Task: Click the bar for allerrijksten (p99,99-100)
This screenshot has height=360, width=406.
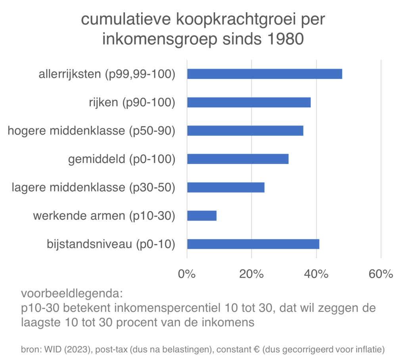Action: coord(264,74)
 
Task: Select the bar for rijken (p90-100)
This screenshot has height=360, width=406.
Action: coord(249,103)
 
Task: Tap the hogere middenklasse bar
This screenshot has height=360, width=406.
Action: coord(245,131)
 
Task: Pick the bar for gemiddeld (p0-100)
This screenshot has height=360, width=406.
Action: coord(237,159)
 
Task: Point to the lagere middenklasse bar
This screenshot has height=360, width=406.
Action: coord(226,187)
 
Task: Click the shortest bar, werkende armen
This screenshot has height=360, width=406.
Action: coord(202,215)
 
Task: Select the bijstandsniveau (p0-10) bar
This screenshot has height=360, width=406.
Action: coord(253,244)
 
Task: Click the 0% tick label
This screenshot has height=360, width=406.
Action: coord(187,274)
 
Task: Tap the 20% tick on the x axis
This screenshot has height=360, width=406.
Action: coord(251,274)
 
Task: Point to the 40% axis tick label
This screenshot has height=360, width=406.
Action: coord(316,274)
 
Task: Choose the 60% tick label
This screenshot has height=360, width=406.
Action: coord(381,274)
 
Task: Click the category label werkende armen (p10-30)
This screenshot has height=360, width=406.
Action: coord(104,216)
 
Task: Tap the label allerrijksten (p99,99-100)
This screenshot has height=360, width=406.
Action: coord(107,74)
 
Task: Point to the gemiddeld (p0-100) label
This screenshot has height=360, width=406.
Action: coord(122,159)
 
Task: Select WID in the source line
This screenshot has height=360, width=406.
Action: coord(53,350)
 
